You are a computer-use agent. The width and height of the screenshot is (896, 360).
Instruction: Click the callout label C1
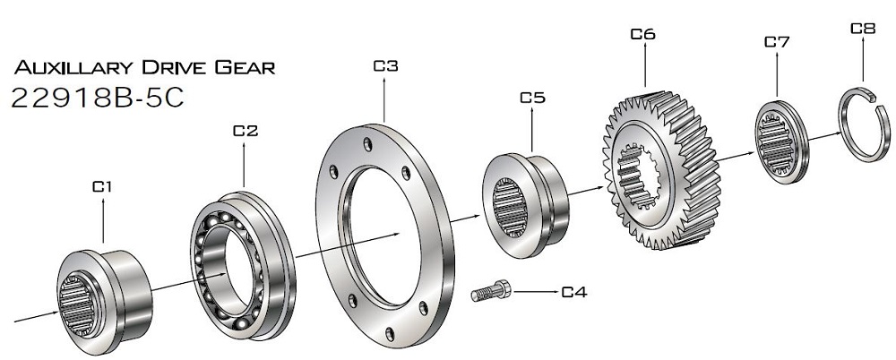102,186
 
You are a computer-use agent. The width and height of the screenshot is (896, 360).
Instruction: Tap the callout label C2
246,131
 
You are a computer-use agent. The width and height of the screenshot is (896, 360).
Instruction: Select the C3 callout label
385,66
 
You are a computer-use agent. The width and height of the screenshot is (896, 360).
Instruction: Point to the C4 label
573,293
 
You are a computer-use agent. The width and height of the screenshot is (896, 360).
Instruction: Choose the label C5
532,98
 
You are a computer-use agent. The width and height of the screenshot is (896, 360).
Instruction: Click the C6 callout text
642,34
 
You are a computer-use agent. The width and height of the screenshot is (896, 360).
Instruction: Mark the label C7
777,42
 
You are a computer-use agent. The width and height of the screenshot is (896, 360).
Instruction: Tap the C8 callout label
863,29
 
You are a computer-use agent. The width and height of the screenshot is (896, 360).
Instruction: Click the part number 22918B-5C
98,99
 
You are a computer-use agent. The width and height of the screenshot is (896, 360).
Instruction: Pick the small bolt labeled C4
491,291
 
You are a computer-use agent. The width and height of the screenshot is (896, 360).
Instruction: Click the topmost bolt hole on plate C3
367,144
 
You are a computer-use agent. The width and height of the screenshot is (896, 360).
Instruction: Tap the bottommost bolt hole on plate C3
390,334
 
